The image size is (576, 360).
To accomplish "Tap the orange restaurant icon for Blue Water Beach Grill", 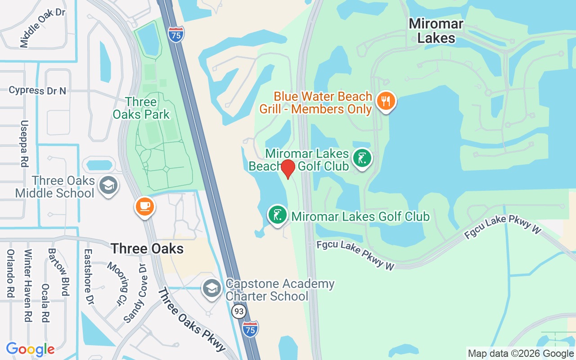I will pyautogui.click(x=386, y=101).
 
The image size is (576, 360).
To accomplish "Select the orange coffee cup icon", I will pyautogui.click(x=144, y=207).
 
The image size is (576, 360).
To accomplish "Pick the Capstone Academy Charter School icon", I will pyautogui.click(x=211, y=288).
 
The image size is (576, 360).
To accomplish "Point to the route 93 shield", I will pyautogui.click(x=238, y=311).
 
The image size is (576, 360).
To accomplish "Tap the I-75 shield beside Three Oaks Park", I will pyautogui.click(x=176, y=35).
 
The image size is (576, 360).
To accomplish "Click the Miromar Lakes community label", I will pyautogui.click(x=436, y=31).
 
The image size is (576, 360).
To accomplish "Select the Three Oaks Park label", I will pyautogui.click(x=141, y=108).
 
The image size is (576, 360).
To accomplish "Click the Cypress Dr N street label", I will pyautogui.click(x=37, y=90).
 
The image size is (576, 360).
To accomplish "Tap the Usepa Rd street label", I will pyautogui.click(x=24, y=144).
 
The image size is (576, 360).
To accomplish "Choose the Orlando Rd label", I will pyautogui.click(x=10, y=273).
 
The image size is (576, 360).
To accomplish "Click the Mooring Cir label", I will pyautogui.click(x=114, y=283).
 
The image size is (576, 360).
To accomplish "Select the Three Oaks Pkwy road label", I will pyautogui.click(x=191, y=320).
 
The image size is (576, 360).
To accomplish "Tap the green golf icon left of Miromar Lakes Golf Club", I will pyautogui.click(x=278, y=215).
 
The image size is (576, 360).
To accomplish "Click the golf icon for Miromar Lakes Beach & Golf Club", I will pyautogui.click(x=362, y=158).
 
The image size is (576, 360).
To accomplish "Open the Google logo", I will pyautogui.click(x=30, y=349).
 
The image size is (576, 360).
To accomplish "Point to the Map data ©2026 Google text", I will pyautogui.click(x=521, y=354).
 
